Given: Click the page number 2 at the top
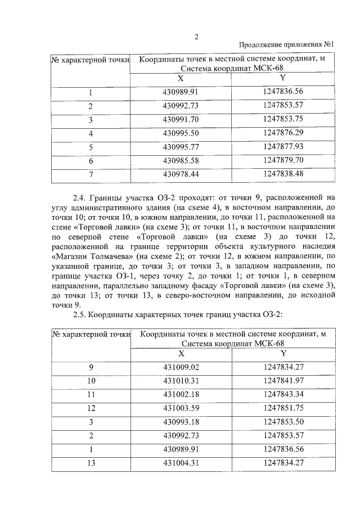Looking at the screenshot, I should tap(197, 37).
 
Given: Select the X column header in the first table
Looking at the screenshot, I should tap(181, 78).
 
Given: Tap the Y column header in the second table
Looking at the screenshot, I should tap(283, 353).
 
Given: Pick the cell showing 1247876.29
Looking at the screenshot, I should tap(283, 133).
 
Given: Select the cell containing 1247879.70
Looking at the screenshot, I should tap(283, 160).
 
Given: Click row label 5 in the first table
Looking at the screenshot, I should tap(91, 147).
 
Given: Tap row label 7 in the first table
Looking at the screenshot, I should tap(91, 174).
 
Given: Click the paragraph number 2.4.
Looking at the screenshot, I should tap(81, 198).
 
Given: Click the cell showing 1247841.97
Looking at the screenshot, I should tap(283, 380).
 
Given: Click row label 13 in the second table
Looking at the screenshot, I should tap(91, 463).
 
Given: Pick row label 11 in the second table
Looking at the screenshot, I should tap(91, 394).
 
